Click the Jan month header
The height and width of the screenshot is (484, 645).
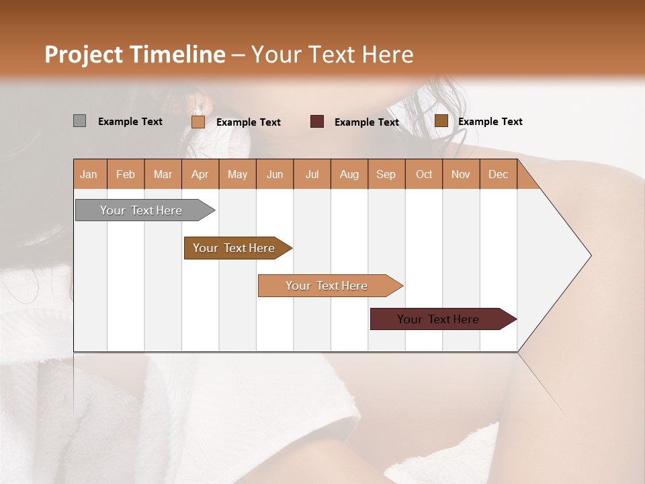[89, 174]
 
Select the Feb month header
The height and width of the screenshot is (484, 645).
[126, 174]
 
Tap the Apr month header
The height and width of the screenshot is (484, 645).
[200, 174]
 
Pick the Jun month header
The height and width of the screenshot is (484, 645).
[275, 174]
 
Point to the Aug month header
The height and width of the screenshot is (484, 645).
[349, 174]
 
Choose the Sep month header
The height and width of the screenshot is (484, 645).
[386, 174]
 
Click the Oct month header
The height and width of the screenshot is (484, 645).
[424, 174]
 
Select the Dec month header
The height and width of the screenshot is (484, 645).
[498, 174]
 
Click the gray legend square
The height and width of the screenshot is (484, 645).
[79, 121]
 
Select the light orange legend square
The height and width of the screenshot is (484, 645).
[198, 122]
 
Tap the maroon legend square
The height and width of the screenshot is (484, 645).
[317, 122]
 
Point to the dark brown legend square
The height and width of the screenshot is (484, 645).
[441, 121]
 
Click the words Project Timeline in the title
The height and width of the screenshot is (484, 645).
[135, 54]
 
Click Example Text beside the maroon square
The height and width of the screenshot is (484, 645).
[367, 122]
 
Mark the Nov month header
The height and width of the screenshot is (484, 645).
[461, 174]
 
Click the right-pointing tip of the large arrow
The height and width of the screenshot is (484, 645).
[588, 255]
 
